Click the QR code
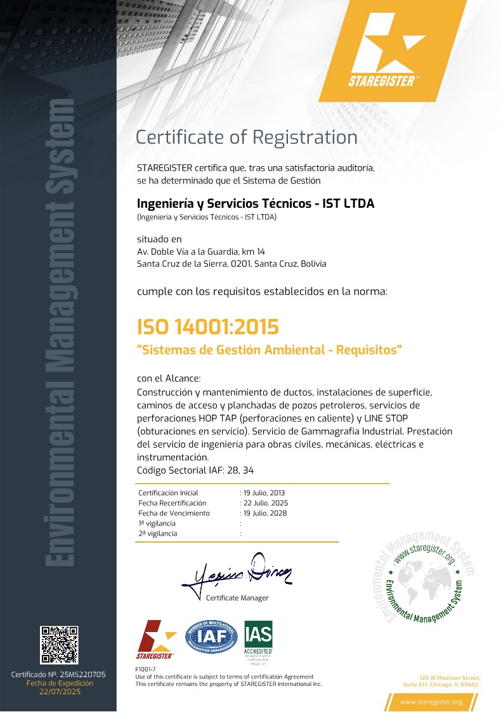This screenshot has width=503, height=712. pos(59,645)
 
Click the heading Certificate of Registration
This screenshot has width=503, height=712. pos(247,137)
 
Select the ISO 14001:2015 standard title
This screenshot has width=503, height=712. pos(208,327)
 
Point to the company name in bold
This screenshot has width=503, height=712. pos(256,204)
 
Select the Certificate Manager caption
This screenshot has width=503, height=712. pos(237,598)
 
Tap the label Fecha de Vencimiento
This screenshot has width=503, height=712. pos(174,513)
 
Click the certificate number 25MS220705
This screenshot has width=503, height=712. pos(79,675)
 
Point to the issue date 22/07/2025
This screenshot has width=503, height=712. pos(59,692)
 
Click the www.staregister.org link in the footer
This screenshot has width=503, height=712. pos(431,702)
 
